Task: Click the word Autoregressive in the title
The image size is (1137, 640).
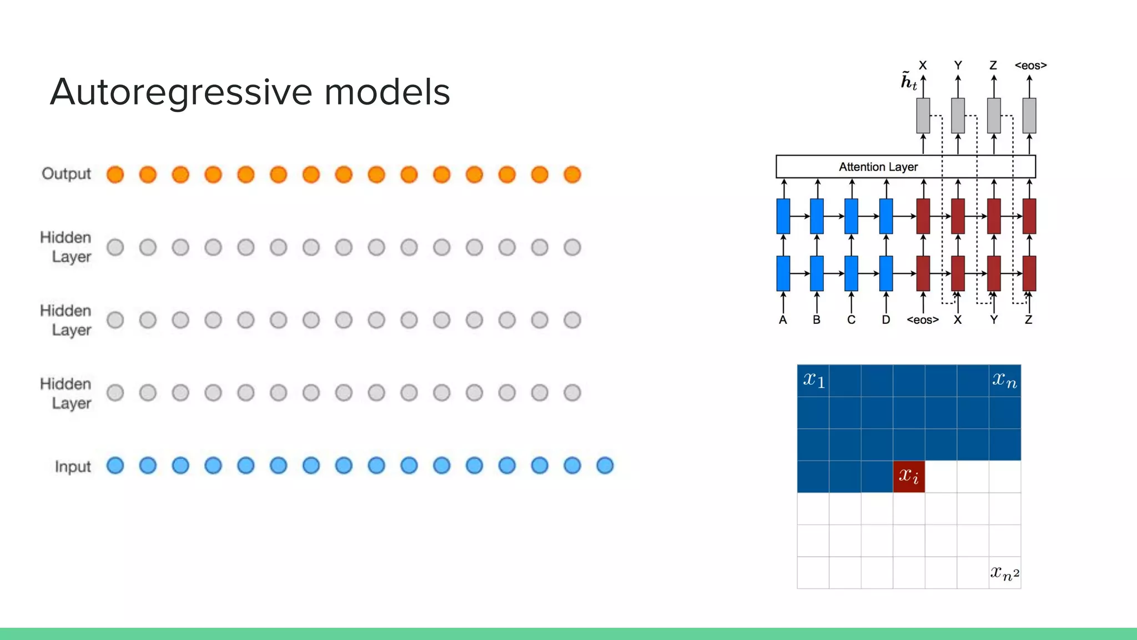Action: click(x=181, y=92)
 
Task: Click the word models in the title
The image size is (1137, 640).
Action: click(x=387, y=92)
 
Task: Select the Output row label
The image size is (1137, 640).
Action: click(x=66, y=174)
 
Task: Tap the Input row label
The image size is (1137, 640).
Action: click(x=73, y=467)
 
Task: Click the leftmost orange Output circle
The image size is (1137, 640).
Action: click(x=115, y=174)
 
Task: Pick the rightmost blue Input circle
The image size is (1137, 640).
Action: click(x=605, y=466)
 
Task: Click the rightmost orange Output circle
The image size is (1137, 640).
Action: click(x=572, y=174)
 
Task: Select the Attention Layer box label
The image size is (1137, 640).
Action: click(x=878, y=167)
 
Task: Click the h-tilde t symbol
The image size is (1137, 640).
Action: click(x=908, y=82)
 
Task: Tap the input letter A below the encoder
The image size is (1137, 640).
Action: click(x=783, y=320)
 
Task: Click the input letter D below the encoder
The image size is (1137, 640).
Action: click(x=886, y=320)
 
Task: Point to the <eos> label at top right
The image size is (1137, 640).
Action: click(x=1030, y=66)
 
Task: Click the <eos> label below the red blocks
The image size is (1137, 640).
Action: click(x=922, y=320)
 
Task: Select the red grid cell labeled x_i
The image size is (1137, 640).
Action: click(x=909, y=477)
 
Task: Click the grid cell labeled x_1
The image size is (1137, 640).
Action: click(x=813, y=381)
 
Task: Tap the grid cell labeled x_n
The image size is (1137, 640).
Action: click(x=1005, y=381)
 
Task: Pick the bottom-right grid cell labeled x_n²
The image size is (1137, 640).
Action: click(x=1005, y=573)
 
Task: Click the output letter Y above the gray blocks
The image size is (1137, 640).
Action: click(x=958, y=66)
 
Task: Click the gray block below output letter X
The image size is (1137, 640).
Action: click(x=923, y=116)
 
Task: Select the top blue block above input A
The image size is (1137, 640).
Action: click(x=783, y=216)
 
